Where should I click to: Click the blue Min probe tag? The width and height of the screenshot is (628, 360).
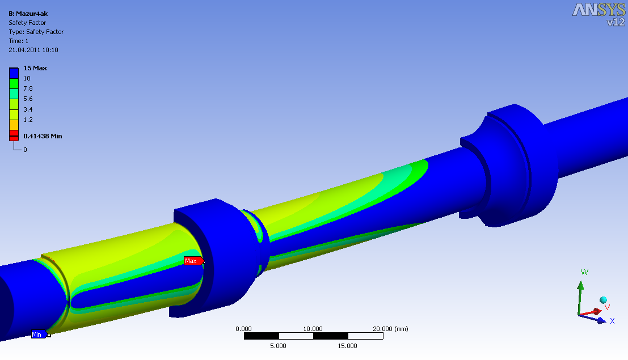pyautogui.click(x=39, y=334)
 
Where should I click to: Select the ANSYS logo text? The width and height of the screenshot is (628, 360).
pyautogui.click(x=599, y=10)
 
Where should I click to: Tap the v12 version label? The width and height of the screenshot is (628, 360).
pyautogui.click(x=616, y=22)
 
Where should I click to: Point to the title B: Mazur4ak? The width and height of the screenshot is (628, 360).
pyautogui.click(x=28, y=14)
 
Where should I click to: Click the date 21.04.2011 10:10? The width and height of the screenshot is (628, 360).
pyautogui.click(x=33, y=50)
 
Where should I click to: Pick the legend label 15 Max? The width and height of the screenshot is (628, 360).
pyautogui.click(x=35, y=68)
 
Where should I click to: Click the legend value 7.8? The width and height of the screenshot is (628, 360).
pyautogui.click(x=28, y=88)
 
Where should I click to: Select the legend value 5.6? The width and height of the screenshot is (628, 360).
pyautogui.click(x=28, y=99)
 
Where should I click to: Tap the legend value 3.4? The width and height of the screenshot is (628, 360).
pyautogui.click(x=28, y=109)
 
